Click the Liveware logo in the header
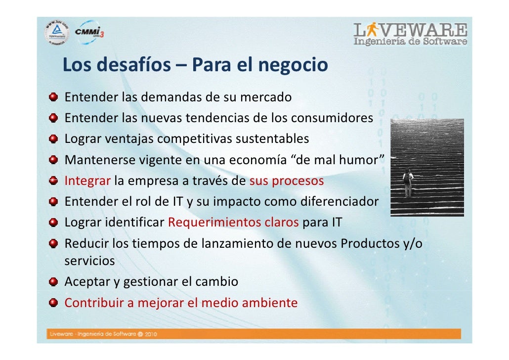tap(410, 34)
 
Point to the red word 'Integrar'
tap(87, 180)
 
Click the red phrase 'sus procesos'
tap(287, 180)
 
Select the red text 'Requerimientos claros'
tap(233, 223)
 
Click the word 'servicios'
tap(89, 261)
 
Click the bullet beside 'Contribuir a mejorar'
tap(51, 303)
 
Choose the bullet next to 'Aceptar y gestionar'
tap(51, 282)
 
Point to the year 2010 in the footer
tap(150, 334)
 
